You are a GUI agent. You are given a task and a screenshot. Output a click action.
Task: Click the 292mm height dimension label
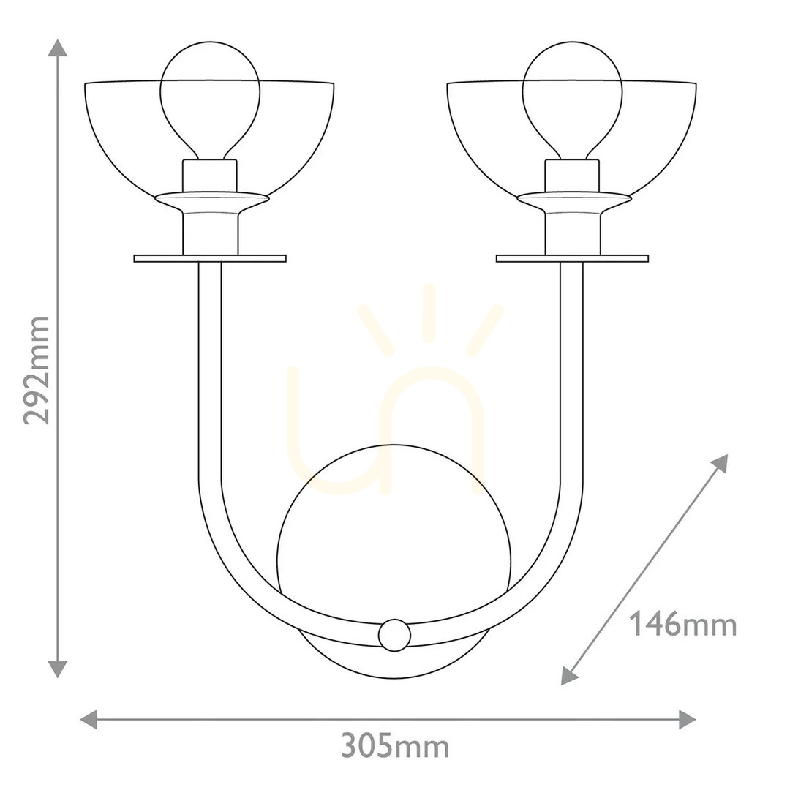tap(37, 371)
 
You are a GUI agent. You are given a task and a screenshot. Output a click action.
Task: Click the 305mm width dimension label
tap(395, 746)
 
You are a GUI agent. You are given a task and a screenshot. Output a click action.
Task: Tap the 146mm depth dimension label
tap(682, 624)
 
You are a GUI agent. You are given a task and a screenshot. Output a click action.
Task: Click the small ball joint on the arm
tap(394, 635)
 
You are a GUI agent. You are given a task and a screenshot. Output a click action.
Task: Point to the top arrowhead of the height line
tap(58, 48)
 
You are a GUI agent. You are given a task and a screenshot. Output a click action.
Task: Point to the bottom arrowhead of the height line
tap(58, 669)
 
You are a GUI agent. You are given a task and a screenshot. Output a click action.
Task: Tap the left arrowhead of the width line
tap(89, 719)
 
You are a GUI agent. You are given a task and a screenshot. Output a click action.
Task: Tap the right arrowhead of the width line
tap(687, 719)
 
